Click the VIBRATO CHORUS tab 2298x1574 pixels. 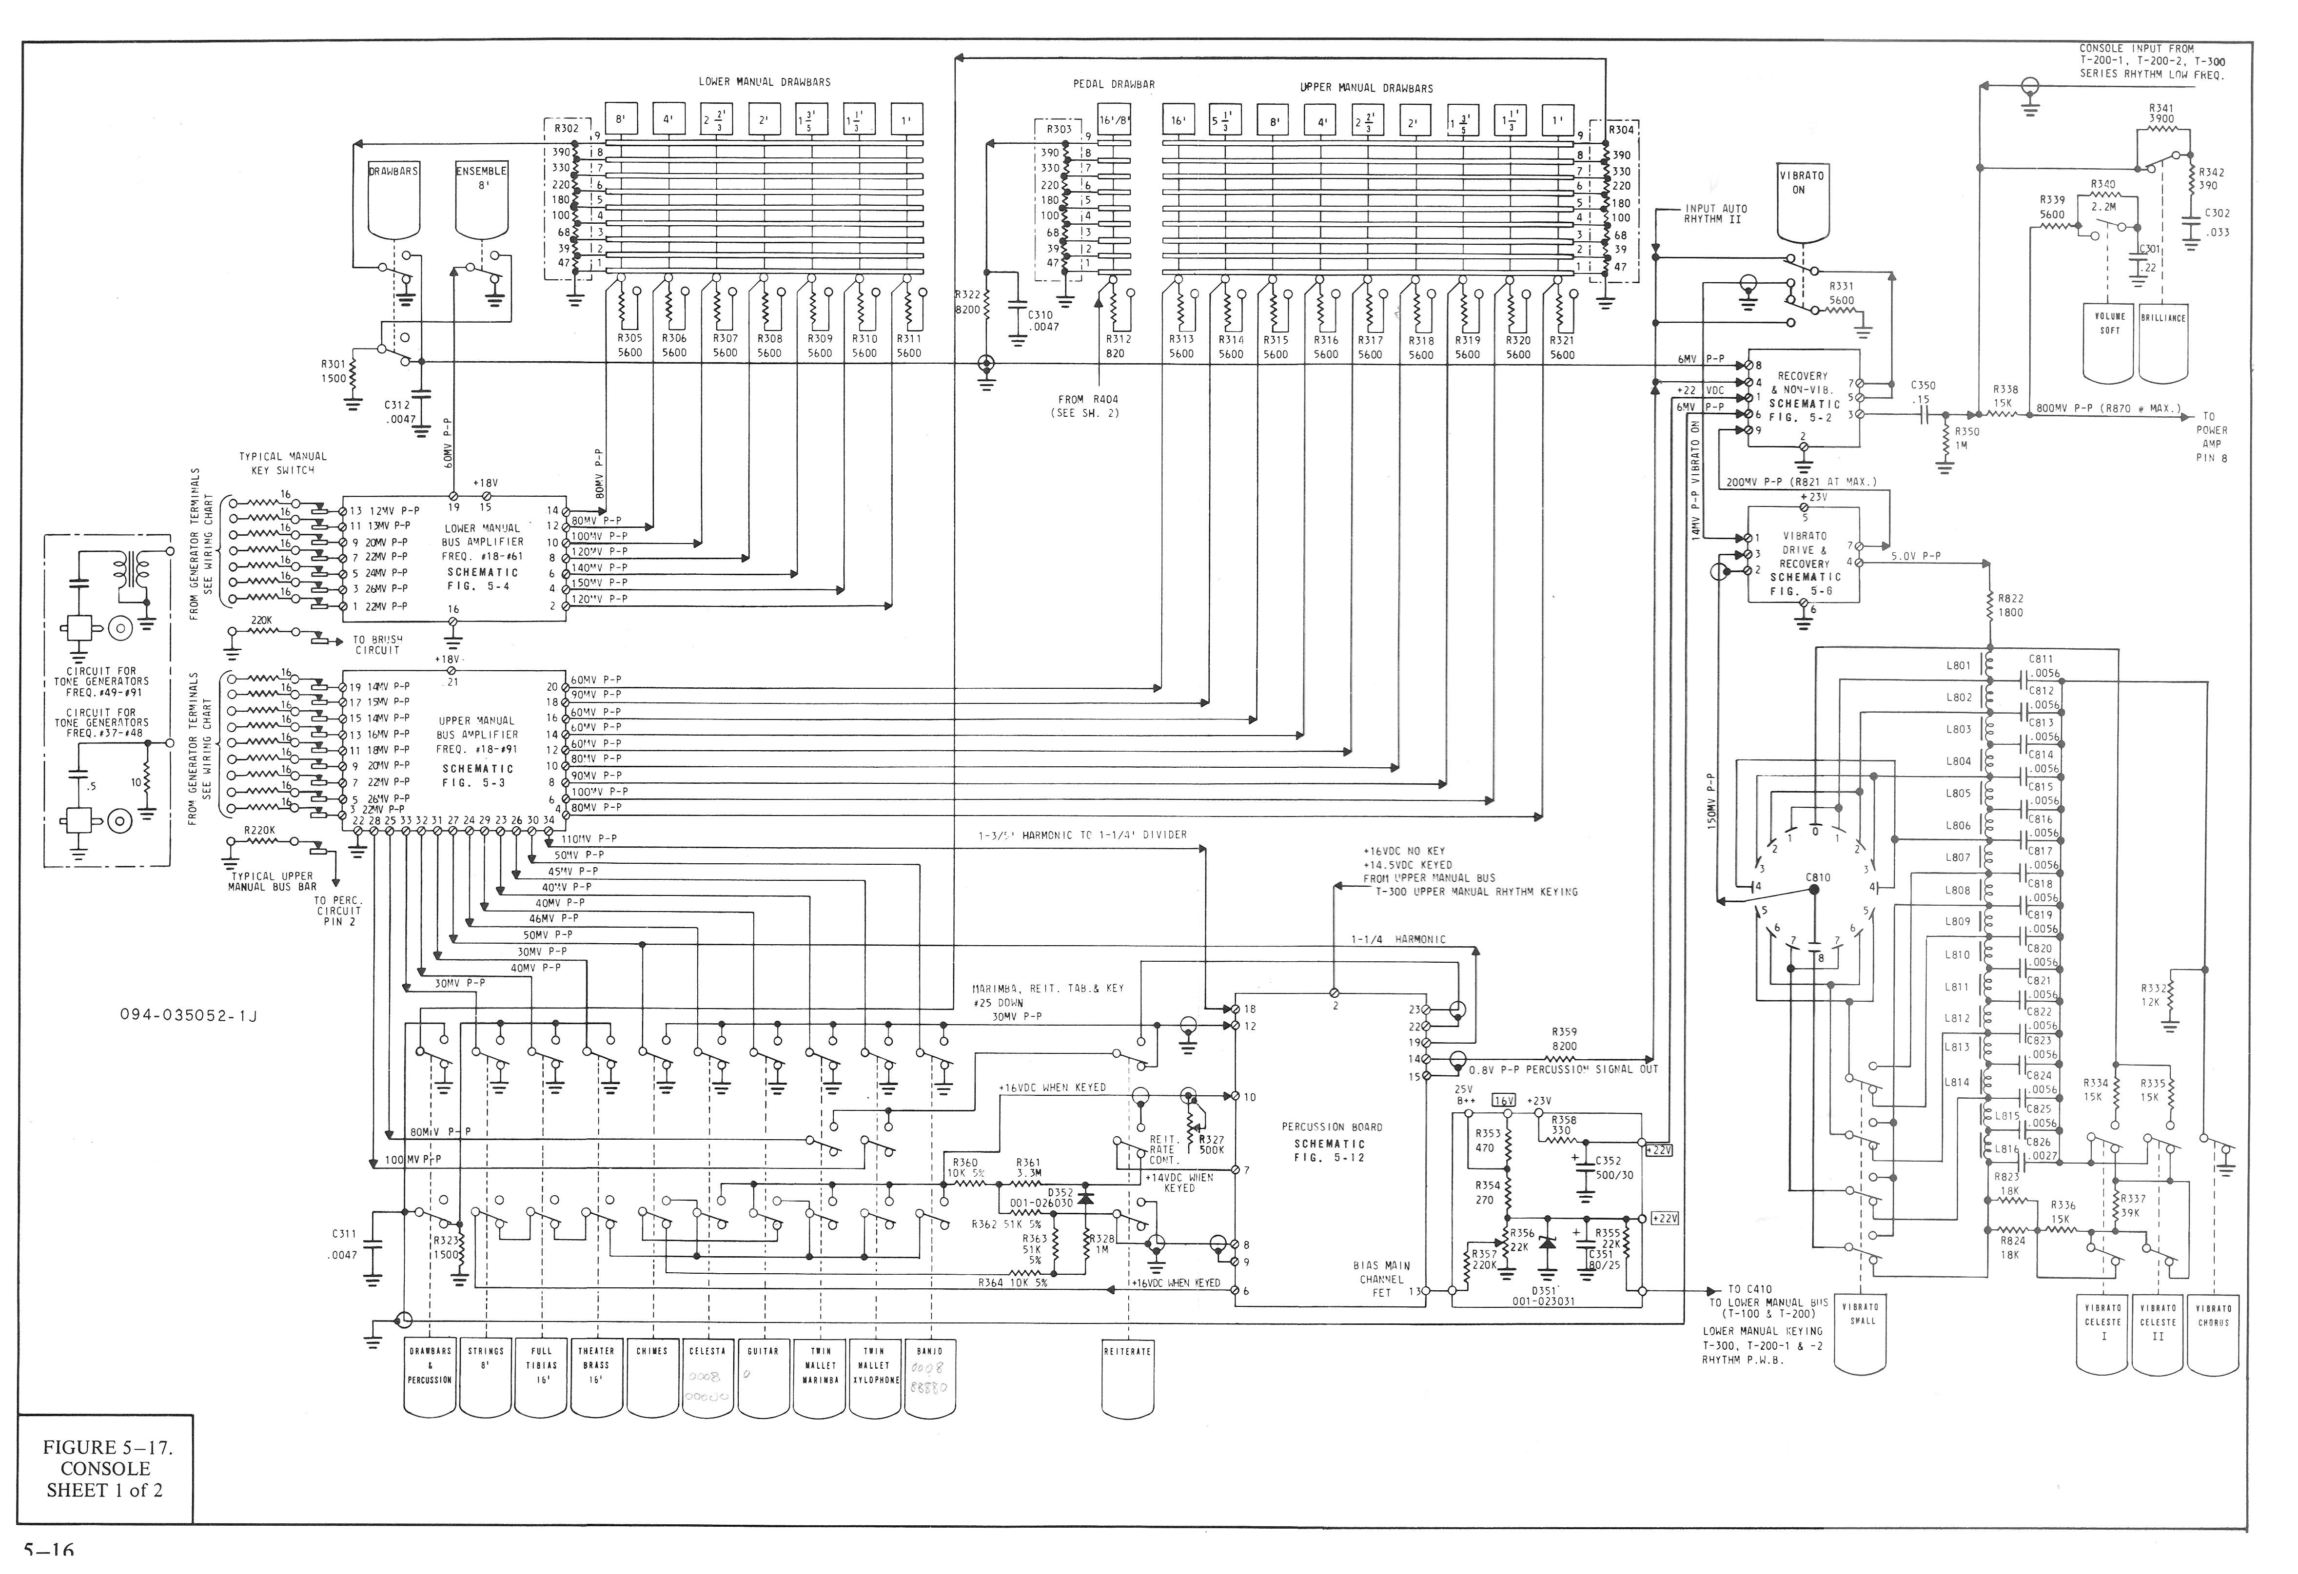click(x=2213, y=1315)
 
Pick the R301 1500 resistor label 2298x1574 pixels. click(x=333, y=371)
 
